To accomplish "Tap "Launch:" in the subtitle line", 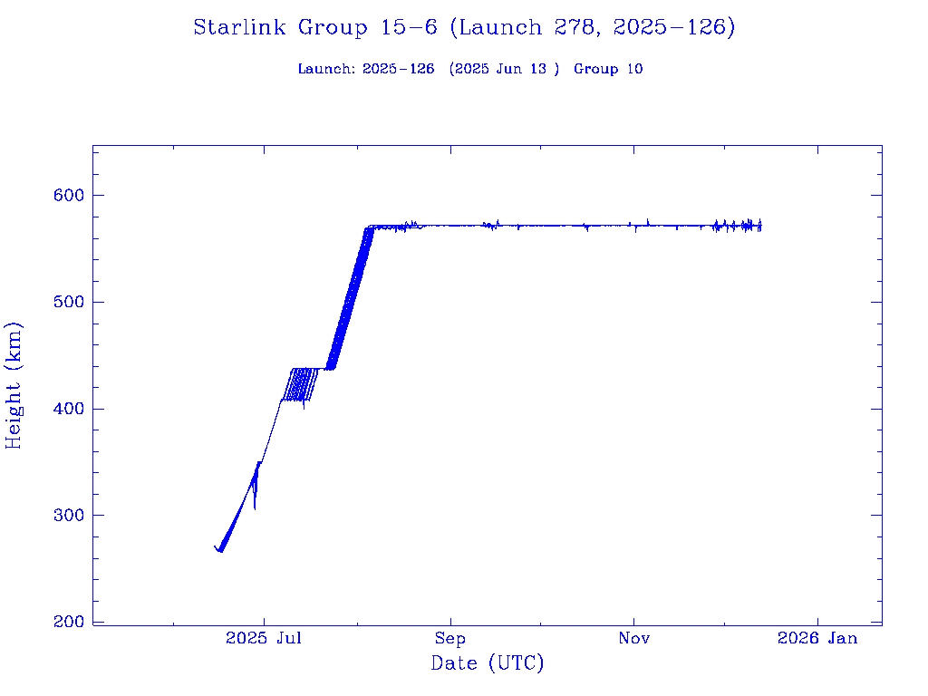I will [x=326, y=69].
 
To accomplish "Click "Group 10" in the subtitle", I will [x=608, y=69].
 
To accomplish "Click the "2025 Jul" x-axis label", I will [x=264, y=639].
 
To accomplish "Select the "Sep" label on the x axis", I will [x=449, y=639].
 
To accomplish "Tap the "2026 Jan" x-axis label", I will [x=817, y=639].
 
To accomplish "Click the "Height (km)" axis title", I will [x=14, y=385].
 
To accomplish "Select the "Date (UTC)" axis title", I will [x=488, y=663].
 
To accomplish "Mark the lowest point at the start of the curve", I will [x=220, y=551].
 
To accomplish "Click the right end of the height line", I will [x=760, y=226].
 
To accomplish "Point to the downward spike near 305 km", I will [x=255, y=507].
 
